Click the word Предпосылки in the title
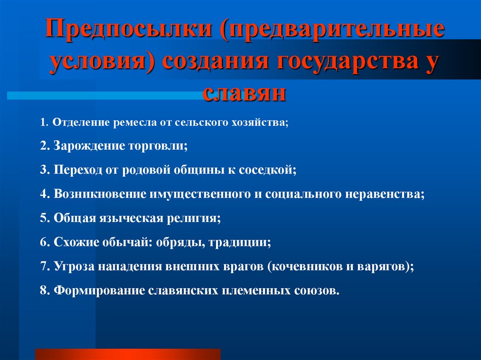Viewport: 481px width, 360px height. [131, 31]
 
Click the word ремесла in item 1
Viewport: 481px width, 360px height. [131, 123]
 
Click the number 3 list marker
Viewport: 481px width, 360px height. [43, 170]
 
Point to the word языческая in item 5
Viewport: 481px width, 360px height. [130, 218]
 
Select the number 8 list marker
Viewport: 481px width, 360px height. [43, 290]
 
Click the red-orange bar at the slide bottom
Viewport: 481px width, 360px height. [128, 354]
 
